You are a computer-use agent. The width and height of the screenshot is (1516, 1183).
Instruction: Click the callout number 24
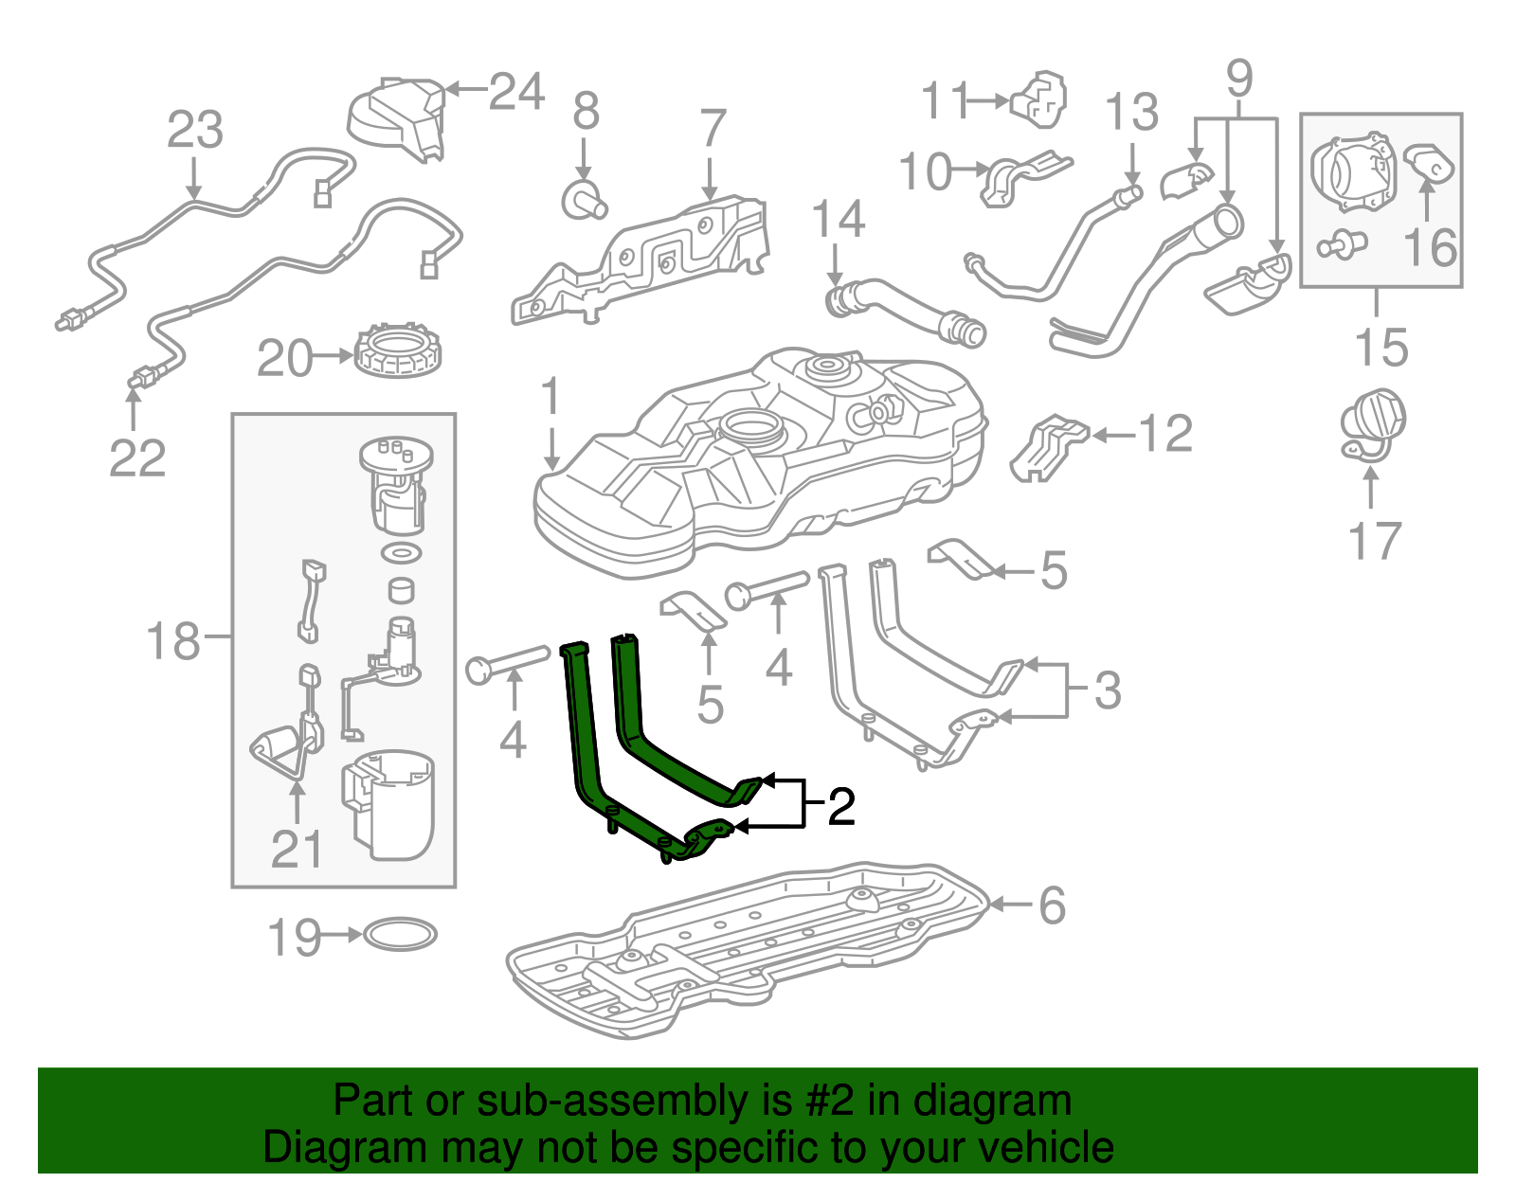[516, 92]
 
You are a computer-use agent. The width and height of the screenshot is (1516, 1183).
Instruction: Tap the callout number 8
[586, 112]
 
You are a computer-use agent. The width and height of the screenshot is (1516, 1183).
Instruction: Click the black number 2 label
[840, 806]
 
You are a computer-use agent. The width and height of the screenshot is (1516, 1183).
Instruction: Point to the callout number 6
[1052, 905]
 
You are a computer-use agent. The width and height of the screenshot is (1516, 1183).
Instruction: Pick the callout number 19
[295, 938]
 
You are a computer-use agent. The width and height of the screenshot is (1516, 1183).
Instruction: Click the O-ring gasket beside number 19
[400, 935]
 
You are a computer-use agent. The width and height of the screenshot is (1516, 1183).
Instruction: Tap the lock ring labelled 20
[399, 350]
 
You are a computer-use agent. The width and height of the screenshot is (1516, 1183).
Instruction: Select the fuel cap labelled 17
[1372, 423]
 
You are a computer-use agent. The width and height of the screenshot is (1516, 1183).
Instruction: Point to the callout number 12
[1164, 435]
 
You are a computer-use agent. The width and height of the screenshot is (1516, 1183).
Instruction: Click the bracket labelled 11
[1040, 99]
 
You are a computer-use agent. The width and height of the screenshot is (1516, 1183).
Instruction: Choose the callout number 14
[839, 220]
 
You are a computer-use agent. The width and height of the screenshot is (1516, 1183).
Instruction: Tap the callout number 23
[195, 130]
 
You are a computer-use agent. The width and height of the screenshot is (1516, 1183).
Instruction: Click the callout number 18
[173, 641]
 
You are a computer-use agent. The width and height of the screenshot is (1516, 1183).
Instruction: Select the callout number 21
[297, 849]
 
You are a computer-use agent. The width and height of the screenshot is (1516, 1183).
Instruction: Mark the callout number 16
[1430, 248]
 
